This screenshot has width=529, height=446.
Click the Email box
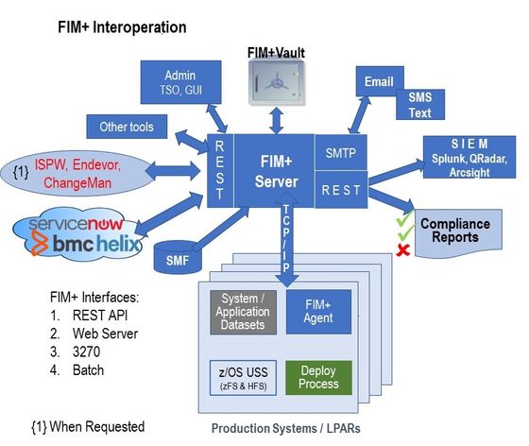(x=379, y=82)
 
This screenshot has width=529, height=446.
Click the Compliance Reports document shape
(x=454, y=230)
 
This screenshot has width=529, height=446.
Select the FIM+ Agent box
(x=318, y=311)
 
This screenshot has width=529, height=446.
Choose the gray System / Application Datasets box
(x=244, y=311)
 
